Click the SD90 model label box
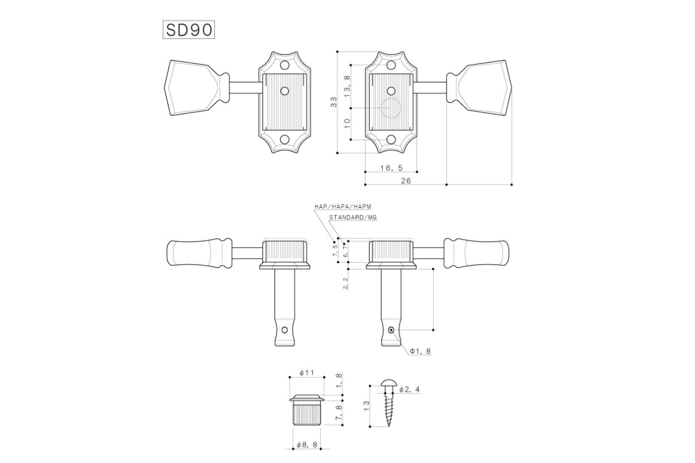tap(189, 30)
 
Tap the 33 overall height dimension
tap(334, 102)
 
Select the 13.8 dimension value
tap(347, 86)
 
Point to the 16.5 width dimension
tap(392, 168)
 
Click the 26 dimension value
tap(405, 181)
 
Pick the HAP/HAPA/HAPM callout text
tap(342, 207)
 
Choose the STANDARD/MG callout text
tap(353, 218)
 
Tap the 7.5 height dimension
tap(335, 251)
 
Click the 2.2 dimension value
tap(345, 283)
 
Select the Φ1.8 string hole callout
tap(420, 351)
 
